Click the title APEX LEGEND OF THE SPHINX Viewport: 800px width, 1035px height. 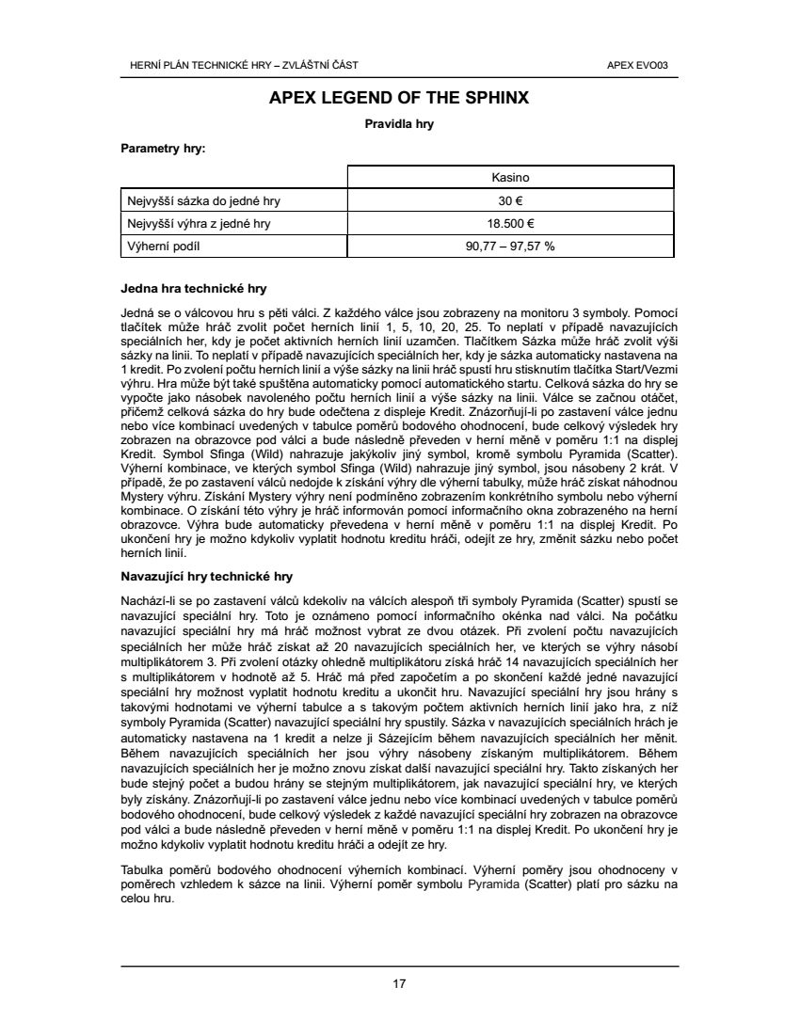pos(399,98)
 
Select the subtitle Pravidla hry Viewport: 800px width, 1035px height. pos(399,123)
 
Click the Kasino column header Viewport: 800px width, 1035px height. pos(511,177)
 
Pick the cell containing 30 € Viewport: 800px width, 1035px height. pos(511,200)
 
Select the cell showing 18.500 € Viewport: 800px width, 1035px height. pos(511,224)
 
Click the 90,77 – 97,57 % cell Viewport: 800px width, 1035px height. pos(511,247)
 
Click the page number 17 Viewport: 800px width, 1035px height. pos(399,984)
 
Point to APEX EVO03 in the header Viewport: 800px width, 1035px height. pos(645,65)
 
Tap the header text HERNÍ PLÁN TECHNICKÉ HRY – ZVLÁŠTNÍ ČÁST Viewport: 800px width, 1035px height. pos(243,65)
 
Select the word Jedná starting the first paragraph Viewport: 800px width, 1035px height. pos(136,310)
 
